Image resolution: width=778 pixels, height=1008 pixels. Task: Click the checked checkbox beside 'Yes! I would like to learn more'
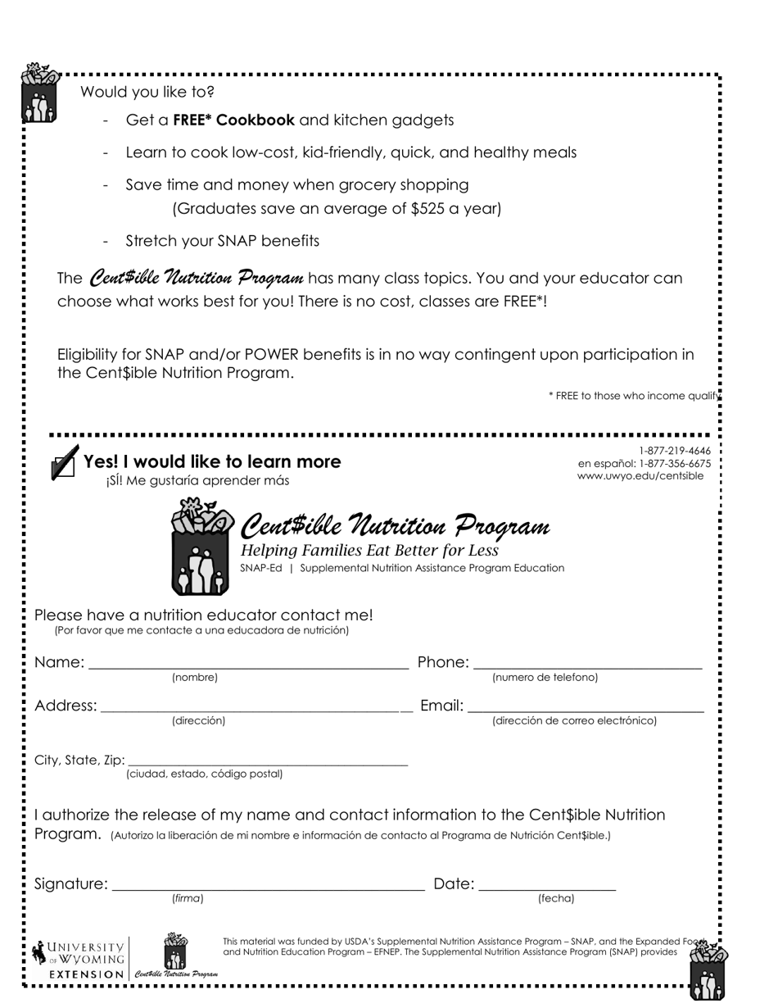point(64,464)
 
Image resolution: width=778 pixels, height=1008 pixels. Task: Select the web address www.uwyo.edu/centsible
point(640,476)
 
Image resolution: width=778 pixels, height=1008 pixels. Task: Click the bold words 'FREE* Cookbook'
point(233,120)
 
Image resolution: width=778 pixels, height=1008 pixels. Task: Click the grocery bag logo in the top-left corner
point(38,93)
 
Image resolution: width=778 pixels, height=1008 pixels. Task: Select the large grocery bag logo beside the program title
point(201,547)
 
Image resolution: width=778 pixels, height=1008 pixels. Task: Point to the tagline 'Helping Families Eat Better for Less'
point(369,551)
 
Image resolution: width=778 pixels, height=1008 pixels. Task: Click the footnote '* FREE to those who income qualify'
point(634,396)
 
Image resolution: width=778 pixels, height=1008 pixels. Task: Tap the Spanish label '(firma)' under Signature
point(188,899)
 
